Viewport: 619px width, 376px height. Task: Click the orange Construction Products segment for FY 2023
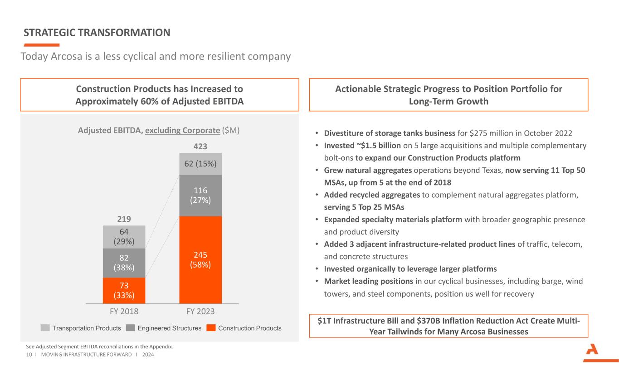[200, 259]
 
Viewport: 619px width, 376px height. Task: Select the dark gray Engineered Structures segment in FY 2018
[124, 263]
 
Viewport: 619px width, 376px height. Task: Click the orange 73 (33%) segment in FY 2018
[124, 290]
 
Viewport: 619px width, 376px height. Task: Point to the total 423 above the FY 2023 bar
[200, 146]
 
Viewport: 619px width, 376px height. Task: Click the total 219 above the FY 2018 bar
[124, 219]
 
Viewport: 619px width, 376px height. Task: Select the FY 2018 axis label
[124, 312]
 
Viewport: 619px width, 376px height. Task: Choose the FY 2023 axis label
[200, 312]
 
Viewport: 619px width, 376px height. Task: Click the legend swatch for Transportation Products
[45, 328]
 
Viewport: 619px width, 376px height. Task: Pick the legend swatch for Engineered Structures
[130, 328]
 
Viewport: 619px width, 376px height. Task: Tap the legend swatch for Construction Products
[211, 328]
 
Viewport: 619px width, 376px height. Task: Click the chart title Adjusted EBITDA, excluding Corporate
[159, 130]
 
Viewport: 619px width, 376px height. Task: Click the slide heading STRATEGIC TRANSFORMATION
[97, 32]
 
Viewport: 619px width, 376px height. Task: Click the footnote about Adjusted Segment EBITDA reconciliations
[99, 347]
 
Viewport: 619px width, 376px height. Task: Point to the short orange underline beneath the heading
[41, 45]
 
